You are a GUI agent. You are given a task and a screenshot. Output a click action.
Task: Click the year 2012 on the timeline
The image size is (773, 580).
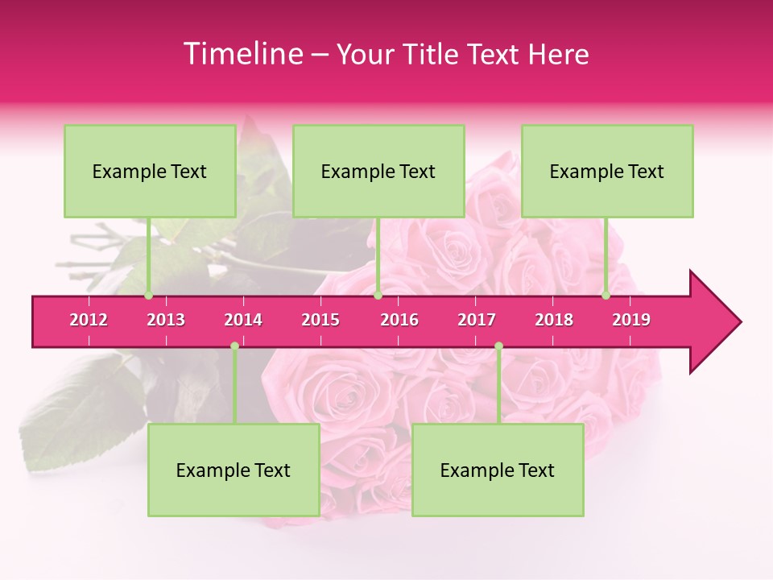click(x=89, y=320)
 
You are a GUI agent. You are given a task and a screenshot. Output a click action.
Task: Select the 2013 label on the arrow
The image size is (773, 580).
click(x=166, y=320)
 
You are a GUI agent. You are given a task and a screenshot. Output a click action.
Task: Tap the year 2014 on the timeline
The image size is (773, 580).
click(x=243, y=320)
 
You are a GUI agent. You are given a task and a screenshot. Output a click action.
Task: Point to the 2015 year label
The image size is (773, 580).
click(x=320, y=320)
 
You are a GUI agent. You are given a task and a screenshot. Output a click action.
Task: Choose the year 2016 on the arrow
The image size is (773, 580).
click(x=399, y=320)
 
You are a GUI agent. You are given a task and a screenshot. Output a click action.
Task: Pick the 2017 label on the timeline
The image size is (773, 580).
click(x=477, y=320)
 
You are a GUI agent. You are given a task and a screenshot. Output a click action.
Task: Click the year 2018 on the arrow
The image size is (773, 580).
click(x=554, y=320)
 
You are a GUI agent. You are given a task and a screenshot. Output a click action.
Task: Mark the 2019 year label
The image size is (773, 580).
click(x=631, y=320)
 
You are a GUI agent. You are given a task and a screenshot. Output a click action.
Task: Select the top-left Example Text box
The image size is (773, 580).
click(x=150, y=171)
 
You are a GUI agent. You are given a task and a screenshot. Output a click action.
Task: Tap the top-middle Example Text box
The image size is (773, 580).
click(x=378, y=171)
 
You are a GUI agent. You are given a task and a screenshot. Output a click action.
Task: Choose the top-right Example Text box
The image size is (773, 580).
click(x=607, y=171)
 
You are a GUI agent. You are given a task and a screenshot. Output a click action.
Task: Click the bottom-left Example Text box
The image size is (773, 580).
click(x=234, y=470)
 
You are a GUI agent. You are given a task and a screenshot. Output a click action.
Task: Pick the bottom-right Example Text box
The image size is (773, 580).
click(x=498, y=470)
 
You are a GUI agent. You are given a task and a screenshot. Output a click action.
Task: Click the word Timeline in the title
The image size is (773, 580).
click(x=242, y=54)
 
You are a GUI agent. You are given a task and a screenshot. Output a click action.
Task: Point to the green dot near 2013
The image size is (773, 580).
click(x=148, y=296)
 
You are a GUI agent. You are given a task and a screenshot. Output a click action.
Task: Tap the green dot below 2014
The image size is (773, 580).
click(x=234, y=346)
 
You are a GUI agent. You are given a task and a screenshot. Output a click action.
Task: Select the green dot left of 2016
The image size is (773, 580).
click(x=378, y=296)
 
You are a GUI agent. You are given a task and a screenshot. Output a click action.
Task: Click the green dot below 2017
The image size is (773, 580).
click(x=498, y=346)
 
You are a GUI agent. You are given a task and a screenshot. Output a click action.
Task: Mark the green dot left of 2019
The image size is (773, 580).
click(x=606, y=296)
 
